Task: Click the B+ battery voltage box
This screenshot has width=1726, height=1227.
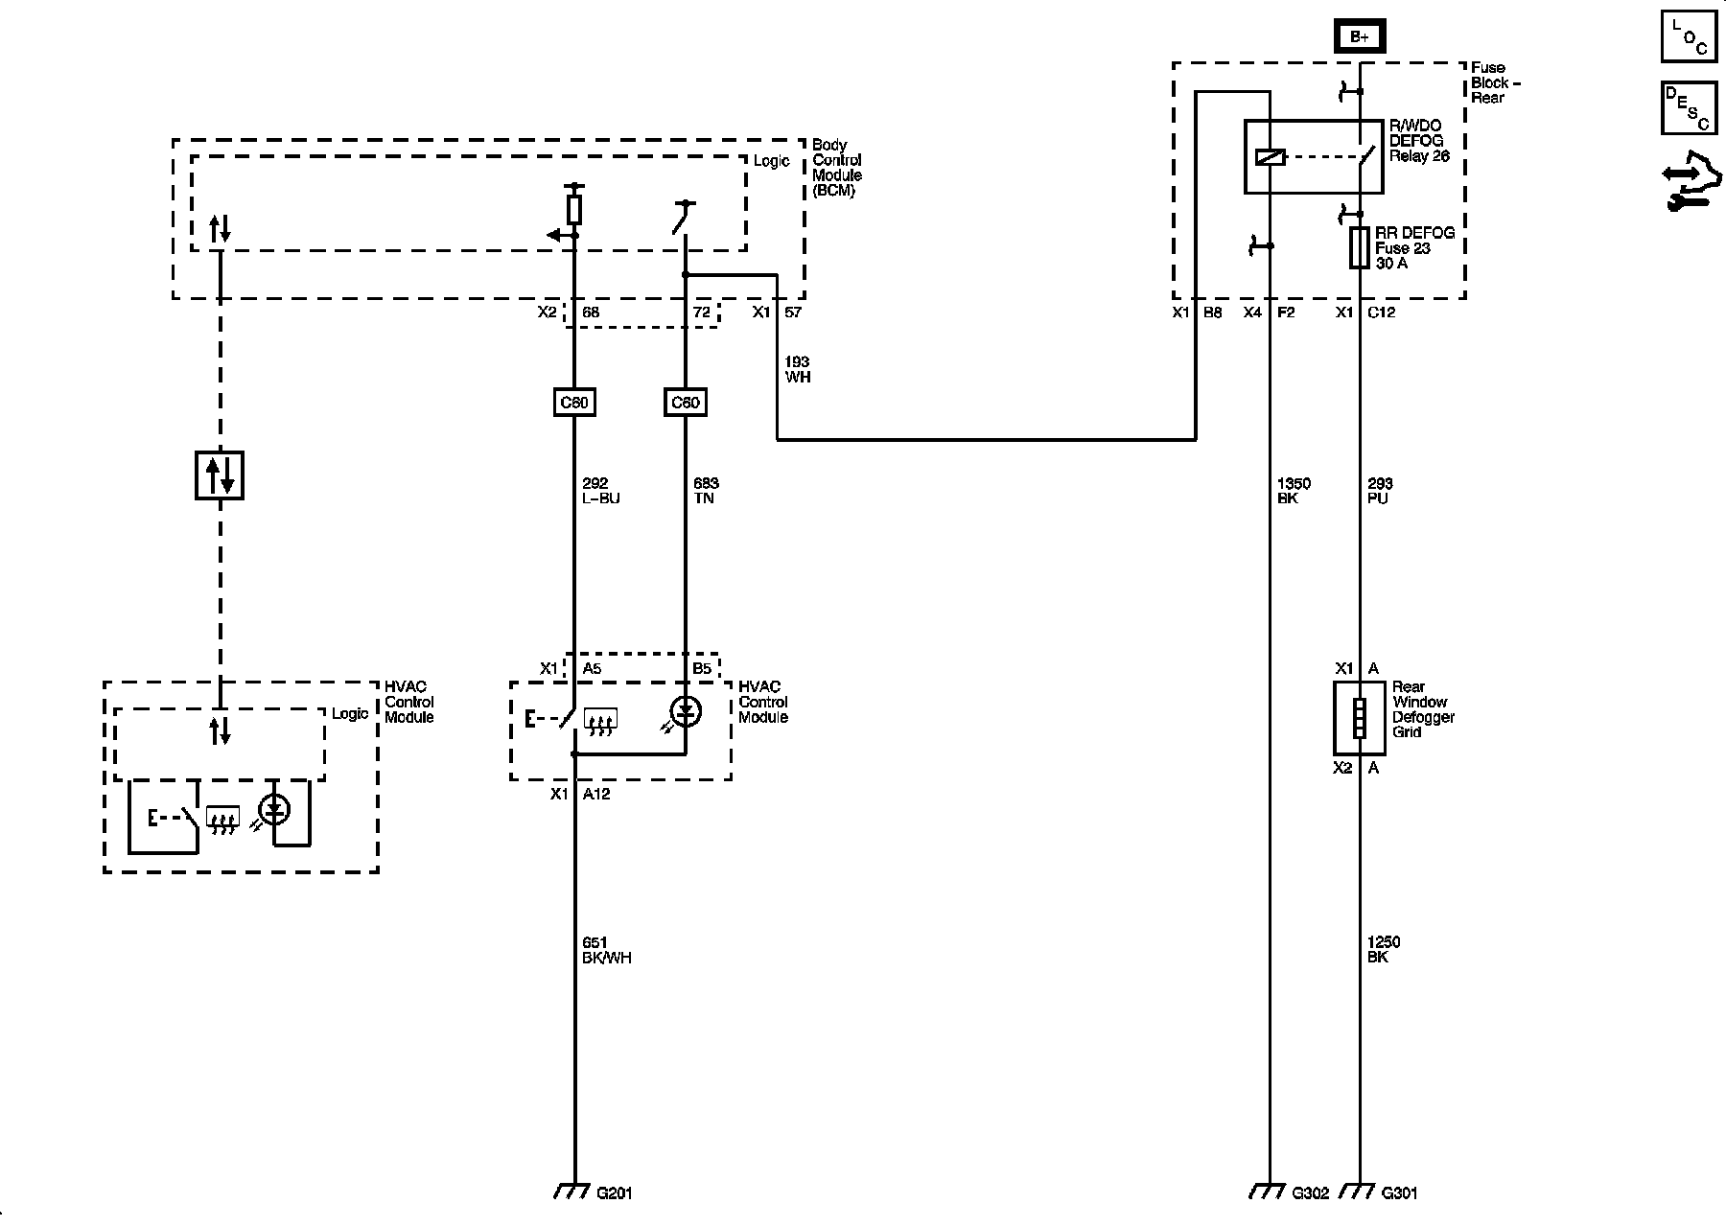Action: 1360,36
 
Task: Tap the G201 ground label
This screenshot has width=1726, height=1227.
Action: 614,1193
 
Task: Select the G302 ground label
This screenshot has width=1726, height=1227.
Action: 1310,1193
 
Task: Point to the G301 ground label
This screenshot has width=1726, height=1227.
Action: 1399,1193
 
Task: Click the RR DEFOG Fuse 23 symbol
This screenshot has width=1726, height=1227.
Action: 1359,247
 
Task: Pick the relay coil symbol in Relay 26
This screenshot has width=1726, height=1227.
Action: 1270,157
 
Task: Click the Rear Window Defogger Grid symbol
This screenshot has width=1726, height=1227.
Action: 1359,718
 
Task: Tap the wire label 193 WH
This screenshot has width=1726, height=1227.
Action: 798,369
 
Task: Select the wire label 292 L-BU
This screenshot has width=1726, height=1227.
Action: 601,491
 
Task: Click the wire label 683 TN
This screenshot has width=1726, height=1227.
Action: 705,491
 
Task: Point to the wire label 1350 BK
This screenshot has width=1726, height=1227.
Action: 1294,491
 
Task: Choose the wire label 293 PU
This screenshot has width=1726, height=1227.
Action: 1380,491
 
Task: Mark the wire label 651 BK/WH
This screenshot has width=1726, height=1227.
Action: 607,950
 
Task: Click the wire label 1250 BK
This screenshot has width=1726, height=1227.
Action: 1384,950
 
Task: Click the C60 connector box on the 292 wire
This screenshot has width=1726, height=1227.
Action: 574,403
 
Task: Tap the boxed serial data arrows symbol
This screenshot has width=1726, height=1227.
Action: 220,475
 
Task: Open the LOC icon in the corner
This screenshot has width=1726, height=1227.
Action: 1689,36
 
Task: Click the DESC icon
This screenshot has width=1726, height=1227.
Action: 1689,106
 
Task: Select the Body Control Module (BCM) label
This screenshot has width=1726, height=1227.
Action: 837,168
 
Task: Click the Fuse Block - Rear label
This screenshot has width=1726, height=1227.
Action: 1497,82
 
